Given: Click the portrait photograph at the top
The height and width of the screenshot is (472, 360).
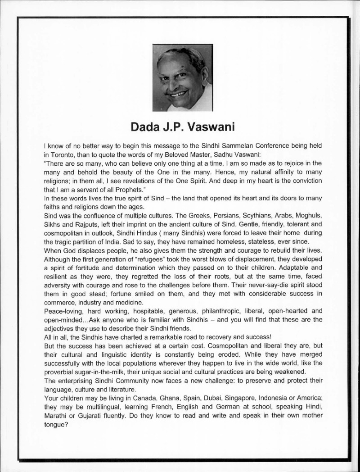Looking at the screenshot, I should click(x=182, y=77).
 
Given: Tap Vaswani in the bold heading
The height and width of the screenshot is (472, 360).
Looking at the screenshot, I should click(x=207, y=127).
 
